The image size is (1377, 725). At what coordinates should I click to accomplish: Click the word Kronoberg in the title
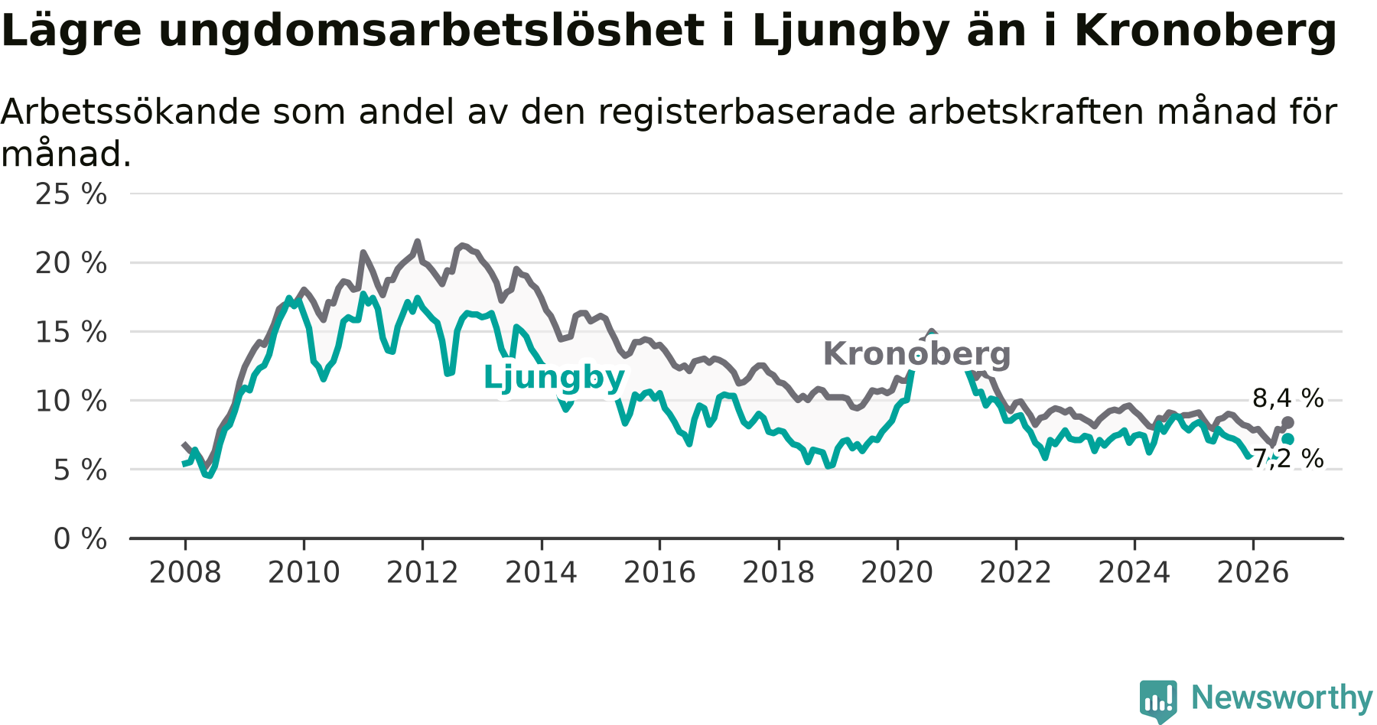[x=1206, y=31]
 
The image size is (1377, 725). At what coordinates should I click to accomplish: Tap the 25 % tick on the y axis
[x=71, y=194]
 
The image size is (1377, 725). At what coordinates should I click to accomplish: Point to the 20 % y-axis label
[x=71, y=263]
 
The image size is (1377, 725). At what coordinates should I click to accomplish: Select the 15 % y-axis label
[x=71, y=332]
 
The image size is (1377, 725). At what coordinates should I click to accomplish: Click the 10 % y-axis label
[x=71, y=401]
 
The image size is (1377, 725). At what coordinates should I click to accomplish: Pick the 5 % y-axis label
[x=80, y=470]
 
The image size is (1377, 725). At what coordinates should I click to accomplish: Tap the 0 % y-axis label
[x=80, y=539]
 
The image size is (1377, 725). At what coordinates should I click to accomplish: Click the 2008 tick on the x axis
[x=185, y=572]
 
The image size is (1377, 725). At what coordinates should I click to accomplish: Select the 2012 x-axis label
[x=422, y=572]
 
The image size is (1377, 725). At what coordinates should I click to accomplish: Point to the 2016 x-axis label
[x=659, y=572]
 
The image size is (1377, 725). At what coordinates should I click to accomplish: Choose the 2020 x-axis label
[x=897, y=572]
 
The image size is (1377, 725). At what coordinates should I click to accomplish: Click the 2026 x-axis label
[x=1253, y=572]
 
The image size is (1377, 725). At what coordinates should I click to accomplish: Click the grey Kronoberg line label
[x=916, y=354]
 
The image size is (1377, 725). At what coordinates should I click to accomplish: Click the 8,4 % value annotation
[x=1288, y=398]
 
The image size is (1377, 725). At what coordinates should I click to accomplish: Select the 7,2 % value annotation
[x=1288, y=459]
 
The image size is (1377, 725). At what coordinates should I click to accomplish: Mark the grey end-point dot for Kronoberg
[x=1287, y=422]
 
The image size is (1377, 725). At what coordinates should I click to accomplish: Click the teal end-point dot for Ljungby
[x=1287, y=439]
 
